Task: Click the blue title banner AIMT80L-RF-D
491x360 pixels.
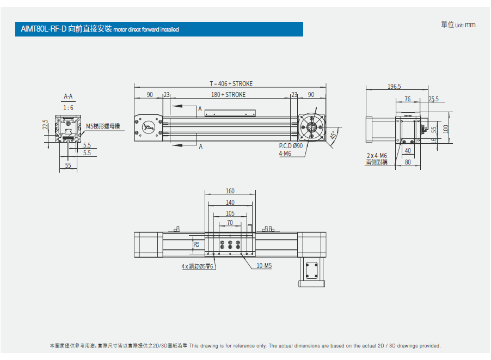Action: coord(158,29)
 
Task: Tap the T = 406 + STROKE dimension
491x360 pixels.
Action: coord(231,84)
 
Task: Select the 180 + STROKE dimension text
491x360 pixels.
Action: coord(228,95)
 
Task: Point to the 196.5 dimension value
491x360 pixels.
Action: coord(394,87)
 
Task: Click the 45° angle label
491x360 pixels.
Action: coord(333,135)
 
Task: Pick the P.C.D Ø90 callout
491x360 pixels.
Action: coord(291,146)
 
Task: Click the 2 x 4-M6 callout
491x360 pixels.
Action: coord(377,156)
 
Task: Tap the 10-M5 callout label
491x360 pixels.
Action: coord(264,266)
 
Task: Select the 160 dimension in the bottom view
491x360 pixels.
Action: coord(230,191)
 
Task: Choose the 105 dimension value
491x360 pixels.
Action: coord(230,213)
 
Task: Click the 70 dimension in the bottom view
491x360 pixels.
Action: coord(230,223)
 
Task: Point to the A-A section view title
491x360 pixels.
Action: coord(68,97)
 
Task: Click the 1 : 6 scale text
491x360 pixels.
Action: coord(68,108)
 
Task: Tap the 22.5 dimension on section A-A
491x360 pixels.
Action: coord(45,125)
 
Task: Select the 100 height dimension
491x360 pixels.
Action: coord(446,129)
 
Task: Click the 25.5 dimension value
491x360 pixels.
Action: coord(433,99)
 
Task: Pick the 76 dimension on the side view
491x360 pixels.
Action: coord(407,99)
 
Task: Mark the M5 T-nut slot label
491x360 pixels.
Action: coord(103,126)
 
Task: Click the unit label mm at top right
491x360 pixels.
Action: coord(470,25)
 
